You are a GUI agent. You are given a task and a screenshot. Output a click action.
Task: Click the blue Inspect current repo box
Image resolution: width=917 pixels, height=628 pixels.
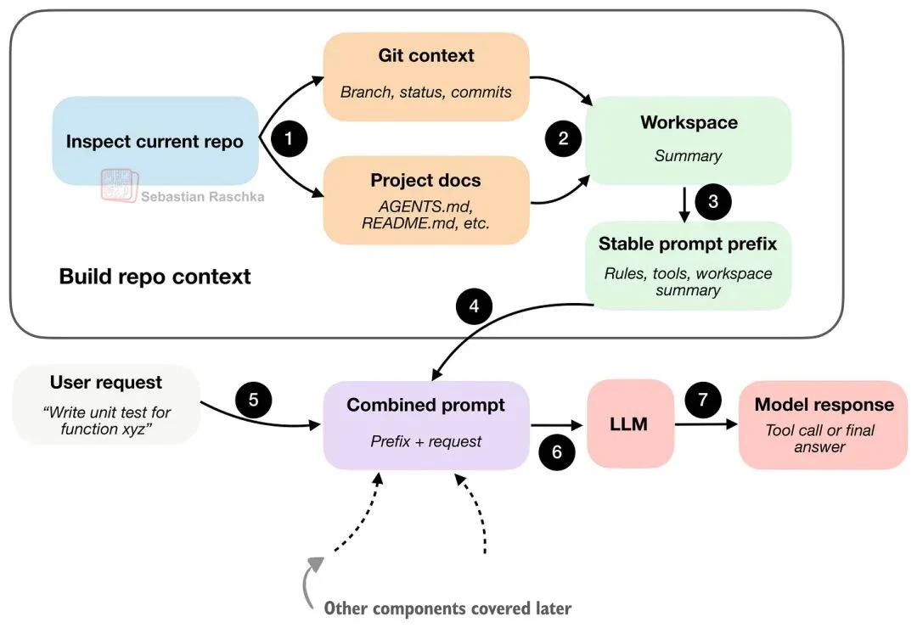click(155, 141)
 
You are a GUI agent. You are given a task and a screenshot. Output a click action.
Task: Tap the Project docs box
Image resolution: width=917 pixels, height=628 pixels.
click(426, 200)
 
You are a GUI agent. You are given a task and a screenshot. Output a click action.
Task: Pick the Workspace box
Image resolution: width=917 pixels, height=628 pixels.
click(688, 140)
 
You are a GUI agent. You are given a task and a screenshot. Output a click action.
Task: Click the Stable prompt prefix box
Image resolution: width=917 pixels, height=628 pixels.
click(688, 266)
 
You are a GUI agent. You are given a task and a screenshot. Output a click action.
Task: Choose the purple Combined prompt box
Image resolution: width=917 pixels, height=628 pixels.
click(426, 423)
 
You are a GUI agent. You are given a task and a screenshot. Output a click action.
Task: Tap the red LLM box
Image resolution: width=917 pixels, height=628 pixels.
click(629, 423)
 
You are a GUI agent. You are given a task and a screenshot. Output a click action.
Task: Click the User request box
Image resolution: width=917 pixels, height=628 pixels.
click(107, 404)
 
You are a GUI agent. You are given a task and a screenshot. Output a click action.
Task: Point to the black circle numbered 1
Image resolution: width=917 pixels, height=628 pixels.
click(290, 139)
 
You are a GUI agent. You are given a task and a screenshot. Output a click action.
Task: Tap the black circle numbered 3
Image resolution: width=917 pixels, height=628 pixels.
click(712, 201)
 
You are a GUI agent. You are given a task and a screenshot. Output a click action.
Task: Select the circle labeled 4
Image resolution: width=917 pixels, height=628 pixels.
click(474, 306)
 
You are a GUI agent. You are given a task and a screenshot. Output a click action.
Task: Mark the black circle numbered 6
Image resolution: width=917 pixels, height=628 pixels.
click(557, 451)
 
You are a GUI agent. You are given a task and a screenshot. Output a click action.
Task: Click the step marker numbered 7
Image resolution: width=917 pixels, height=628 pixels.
click(702, 399)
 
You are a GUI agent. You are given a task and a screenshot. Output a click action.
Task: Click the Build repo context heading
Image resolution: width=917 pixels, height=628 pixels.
click(155, 277)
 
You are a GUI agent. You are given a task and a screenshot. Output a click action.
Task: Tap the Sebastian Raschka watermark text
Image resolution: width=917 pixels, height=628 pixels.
click(202, 197)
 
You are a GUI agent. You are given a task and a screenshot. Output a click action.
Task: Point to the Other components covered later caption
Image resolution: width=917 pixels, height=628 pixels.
click(447, 608)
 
